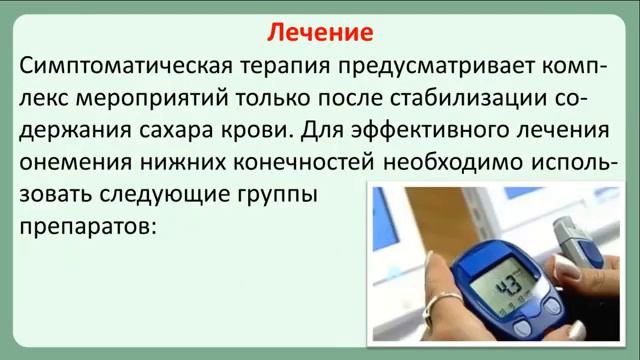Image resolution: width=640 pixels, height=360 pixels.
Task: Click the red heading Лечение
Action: click(320, 33)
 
